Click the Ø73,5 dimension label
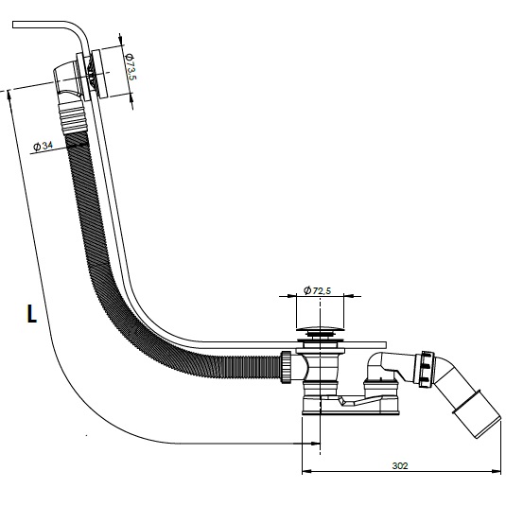click(131, 67)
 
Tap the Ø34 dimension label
click(43, 146)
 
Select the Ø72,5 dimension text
click(317, 290)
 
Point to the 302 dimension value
click(400, 466)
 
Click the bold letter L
click(31, 314)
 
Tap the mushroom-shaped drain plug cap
click(320, 329)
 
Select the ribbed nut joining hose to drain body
click(287, 367)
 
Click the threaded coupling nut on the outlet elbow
click(427, 369)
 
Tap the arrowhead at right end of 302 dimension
click(497, 471)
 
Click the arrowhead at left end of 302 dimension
click(305, 471)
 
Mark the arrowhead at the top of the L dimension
click(9, 96)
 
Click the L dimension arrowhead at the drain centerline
click(315, 444)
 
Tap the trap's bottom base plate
click(351, 407)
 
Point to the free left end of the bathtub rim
click(13, 25)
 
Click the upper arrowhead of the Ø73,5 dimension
click(122, 40)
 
